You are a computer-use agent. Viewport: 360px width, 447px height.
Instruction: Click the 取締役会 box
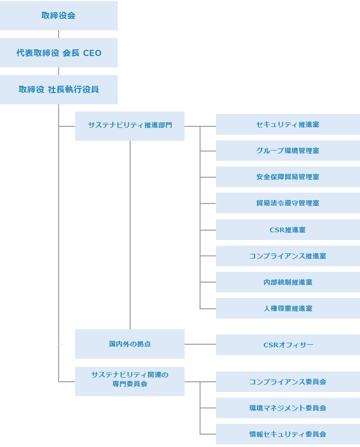tap(59, 15)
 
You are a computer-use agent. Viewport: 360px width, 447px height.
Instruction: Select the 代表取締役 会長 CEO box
tap(59, 53)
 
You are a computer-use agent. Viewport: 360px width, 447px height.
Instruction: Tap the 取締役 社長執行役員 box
tap(59, 89)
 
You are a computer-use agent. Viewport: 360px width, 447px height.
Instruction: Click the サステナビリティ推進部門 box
tap(130, 126)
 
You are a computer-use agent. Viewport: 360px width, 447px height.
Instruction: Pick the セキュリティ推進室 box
tap(287, 124)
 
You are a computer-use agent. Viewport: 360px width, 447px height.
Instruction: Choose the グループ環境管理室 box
tap(287, 151)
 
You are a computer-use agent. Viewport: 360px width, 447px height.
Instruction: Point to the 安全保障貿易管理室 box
tap(287, 177)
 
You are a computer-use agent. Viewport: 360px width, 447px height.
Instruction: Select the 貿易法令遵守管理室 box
tap(287, 203)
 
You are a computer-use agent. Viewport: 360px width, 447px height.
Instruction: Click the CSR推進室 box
tap(287, 230)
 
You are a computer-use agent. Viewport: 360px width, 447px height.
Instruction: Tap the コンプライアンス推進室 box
tap(287, 256)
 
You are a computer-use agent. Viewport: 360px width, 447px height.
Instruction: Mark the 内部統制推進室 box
tap(287, 282)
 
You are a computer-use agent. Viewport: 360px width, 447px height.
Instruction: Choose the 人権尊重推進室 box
tap(287, 308)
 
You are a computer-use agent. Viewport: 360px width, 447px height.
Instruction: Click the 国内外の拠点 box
tap(130, 344)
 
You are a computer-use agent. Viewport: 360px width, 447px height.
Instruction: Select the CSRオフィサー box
tap(287, 345)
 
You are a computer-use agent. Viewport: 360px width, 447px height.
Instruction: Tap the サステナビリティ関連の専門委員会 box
tap(130, 381)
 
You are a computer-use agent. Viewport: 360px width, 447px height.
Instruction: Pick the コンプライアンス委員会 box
tap(287, 382)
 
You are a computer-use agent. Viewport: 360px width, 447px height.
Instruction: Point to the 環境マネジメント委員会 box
tap(287, 408)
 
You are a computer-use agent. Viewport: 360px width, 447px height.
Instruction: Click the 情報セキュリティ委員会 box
tap(287, 434)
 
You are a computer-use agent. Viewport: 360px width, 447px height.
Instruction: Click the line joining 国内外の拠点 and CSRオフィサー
tap(200, 344)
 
